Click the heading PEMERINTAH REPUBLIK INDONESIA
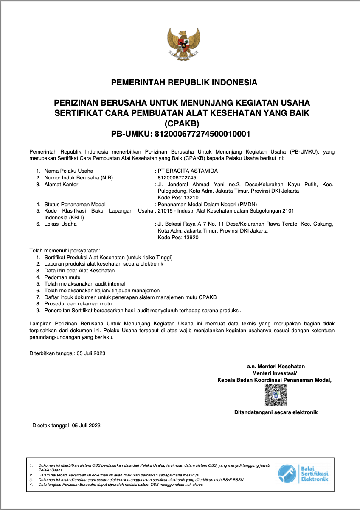[x=184, y=82]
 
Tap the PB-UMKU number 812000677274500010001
[x=202, y=134]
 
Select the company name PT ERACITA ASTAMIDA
[x=188, y=171]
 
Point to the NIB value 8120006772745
[x=177, y=178]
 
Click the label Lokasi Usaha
[x=60, y=224]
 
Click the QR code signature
[x=276, y=395]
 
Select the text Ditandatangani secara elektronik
[x=276, y=412]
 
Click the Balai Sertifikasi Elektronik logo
[x=303, y=473]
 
